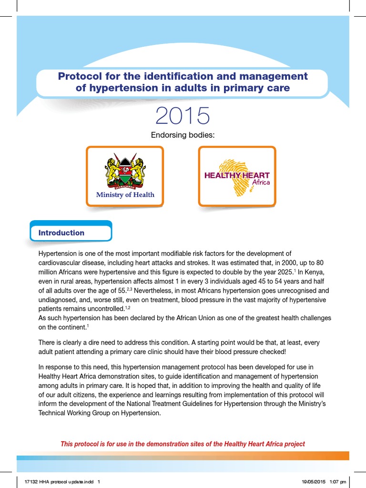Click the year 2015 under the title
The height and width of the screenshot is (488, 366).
click(183, 116)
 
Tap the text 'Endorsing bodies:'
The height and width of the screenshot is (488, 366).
click(183, 135)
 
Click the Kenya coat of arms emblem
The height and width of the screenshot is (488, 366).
click(125, 172)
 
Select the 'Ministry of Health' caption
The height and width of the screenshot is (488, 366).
click(125, 194)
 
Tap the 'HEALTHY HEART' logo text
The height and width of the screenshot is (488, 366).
click(237, 175)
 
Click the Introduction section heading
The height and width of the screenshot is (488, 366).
click(61, 233)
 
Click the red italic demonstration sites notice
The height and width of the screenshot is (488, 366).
click(183, 444)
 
